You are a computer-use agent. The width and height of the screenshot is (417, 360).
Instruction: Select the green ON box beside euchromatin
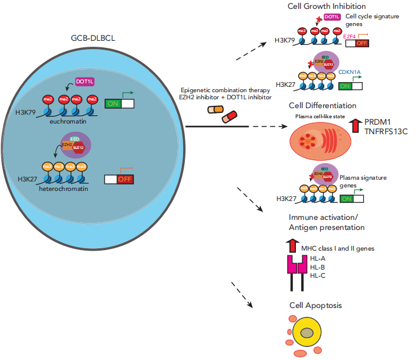coord(113,103)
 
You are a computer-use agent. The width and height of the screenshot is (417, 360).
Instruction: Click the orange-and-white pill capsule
coord(216,109)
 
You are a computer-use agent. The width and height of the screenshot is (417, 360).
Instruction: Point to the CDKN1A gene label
coord(353,72)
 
